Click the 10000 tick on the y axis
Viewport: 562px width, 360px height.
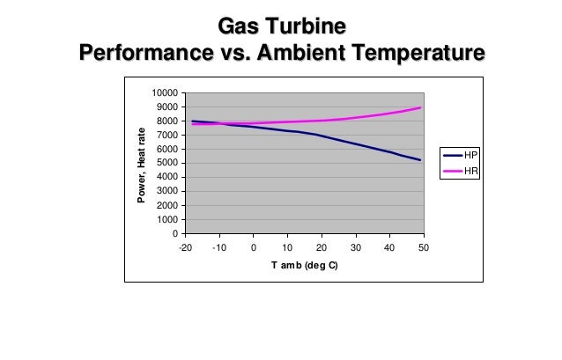pyautogui.click(x=165, y=92)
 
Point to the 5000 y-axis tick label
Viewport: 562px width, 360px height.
pyautogui.click(x=167, y=163)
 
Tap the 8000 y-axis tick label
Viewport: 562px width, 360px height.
pyautogui.click(x=167, y=121)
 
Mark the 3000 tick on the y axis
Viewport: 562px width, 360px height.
pyautogui.click(x=167, y=191)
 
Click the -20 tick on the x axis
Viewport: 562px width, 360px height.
pyautogui.click(x=185, y=247)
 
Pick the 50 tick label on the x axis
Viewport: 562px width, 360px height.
pyautogui.click(x=423, y=247)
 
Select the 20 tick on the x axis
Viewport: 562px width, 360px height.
pyautogui.click(x=322, y=247)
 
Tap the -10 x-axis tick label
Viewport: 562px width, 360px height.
pyautogui.click(x=219, y=247)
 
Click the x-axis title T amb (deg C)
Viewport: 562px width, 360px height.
pyautogui.click(x=304, y=265)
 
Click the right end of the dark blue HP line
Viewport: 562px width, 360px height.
pyautogui.click(x=420, y=160)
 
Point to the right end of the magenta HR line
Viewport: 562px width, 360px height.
pyautogui.click(x=420, y=107)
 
